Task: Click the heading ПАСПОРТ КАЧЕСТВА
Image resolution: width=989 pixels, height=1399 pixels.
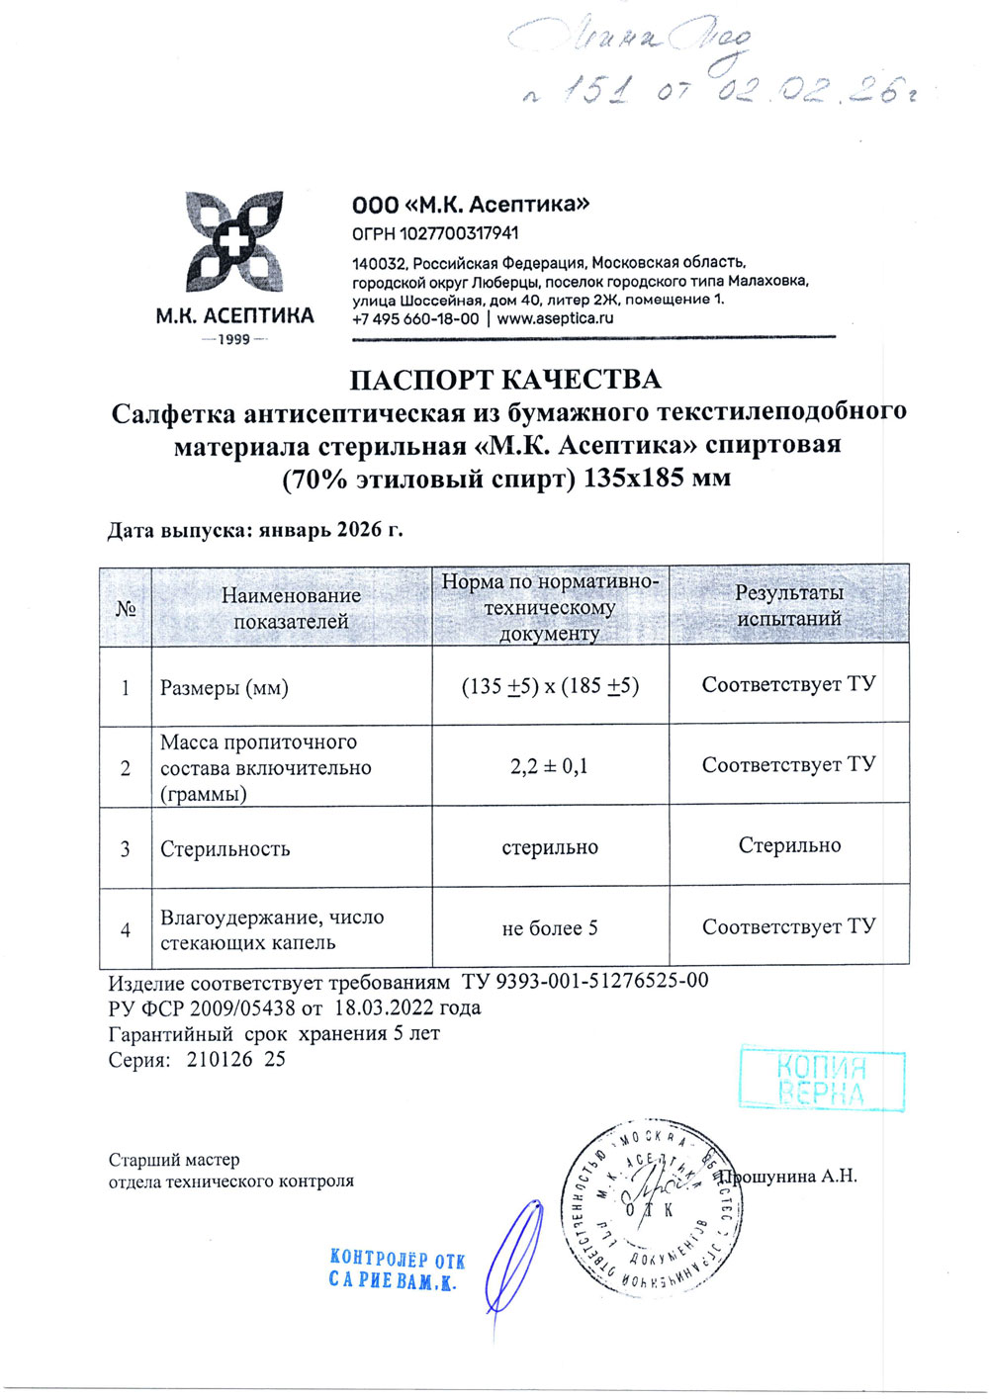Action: click(x=505, y=380)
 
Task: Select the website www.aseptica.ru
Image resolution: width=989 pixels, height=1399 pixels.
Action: click(x=555, y=318)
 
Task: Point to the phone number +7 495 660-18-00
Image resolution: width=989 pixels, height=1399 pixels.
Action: click(x=415, y=318)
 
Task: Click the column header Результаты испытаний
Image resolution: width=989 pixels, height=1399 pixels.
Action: click(x=788, y=605)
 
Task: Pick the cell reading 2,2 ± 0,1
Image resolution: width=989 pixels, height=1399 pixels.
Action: click(x=550, y=765)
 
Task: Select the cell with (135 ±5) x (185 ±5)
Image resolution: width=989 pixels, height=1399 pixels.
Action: click(x=550, y=685)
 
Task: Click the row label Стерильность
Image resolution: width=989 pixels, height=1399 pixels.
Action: click(x=225, y=848)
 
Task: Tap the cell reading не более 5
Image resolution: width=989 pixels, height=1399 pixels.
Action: click(x=550, y=928)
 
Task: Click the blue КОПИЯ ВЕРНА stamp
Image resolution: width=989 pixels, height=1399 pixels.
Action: click(x=822, y=1080)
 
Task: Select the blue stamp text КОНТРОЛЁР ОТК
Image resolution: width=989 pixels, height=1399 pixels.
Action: click(x=397, y=1260)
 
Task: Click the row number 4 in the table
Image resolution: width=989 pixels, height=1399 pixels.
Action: click(x=126, y=929)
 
